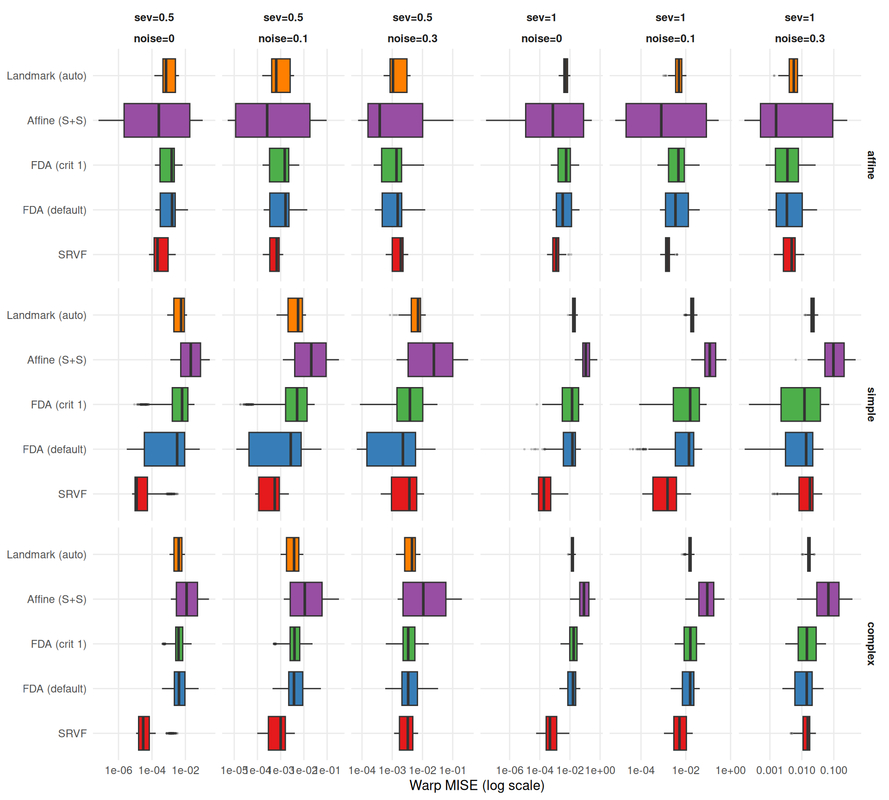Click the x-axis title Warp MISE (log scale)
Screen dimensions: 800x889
(476, 785)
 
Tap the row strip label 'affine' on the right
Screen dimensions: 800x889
(870, 165)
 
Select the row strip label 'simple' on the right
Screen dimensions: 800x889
(870, 404)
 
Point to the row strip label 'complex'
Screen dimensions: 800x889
(870, 644)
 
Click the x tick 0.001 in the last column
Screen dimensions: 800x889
(769, 770)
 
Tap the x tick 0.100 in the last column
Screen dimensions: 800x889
(833, 770)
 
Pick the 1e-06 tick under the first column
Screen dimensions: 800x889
(119, 770)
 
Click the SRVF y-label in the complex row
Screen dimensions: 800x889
(72, 733)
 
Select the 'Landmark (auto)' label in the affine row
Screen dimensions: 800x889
(46, 76)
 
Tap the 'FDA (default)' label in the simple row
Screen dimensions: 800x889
(54, 450)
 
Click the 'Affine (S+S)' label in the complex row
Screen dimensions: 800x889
(56, 600)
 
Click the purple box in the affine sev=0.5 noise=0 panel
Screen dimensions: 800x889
(157, 120)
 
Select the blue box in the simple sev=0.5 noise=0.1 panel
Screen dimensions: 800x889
(275, 449)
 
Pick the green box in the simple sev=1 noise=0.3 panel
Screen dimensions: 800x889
(800, 404)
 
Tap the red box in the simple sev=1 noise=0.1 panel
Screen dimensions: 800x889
(664, 494)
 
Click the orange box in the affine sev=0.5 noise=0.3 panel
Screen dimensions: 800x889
(398, 75)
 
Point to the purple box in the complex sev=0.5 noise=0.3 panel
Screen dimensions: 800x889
(424, 599)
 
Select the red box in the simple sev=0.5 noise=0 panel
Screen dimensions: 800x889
(141, 494)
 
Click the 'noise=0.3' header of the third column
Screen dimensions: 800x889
(412, 38)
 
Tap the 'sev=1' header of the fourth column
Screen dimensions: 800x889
(541, 18)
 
